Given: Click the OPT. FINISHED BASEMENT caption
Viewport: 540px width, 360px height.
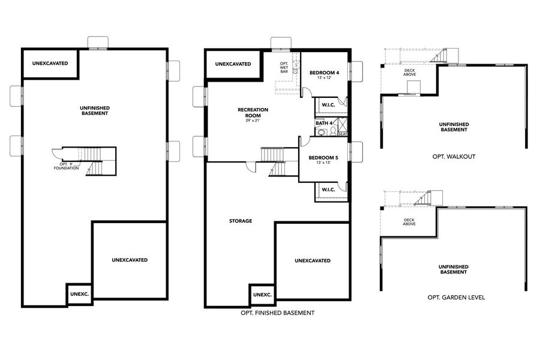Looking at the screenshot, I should pos(277,313).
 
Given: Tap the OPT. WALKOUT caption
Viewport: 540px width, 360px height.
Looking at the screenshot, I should pos(454,157).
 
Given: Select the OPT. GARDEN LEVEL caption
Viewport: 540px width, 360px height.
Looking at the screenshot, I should pos(456,297).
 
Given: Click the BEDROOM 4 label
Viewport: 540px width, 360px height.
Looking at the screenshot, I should pos(324,73).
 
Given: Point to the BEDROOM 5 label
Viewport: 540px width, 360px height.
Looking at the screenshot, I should pos(323,158).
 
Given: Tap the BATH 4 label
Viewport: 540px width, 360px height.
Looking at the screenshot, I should pos(323,123).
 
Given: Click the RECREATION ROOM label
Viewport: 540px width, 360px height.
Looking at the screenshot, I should pos(253,112).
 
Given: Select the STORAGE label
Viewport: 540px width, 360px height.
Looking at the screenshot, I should pos(240,221).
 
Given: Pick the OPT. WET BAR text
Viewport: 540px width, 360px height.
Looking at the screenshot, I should pos(284,67).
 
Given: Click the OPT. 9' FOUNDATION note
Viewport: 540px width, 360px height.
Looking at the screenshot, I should pos(66,166).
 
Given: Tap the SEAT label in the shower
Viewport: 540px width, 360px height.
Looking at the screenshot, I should pos(342,134).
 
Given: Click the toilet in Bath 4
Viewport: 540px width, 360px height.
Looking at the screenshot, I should pos(321,133).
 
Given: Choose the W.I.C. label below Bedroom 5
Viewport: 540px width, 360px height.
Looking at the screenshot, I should pos(328,190).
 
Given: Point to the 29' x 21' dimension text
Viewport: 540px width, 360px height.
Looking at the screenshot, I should pos(253,121).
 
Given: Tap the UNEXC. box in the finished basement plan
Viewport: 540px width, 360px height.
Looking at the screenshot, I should pos(262,295).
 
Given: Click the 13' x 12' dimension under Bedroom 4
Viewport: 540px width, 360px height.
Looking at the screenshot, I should pos(324,78).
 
